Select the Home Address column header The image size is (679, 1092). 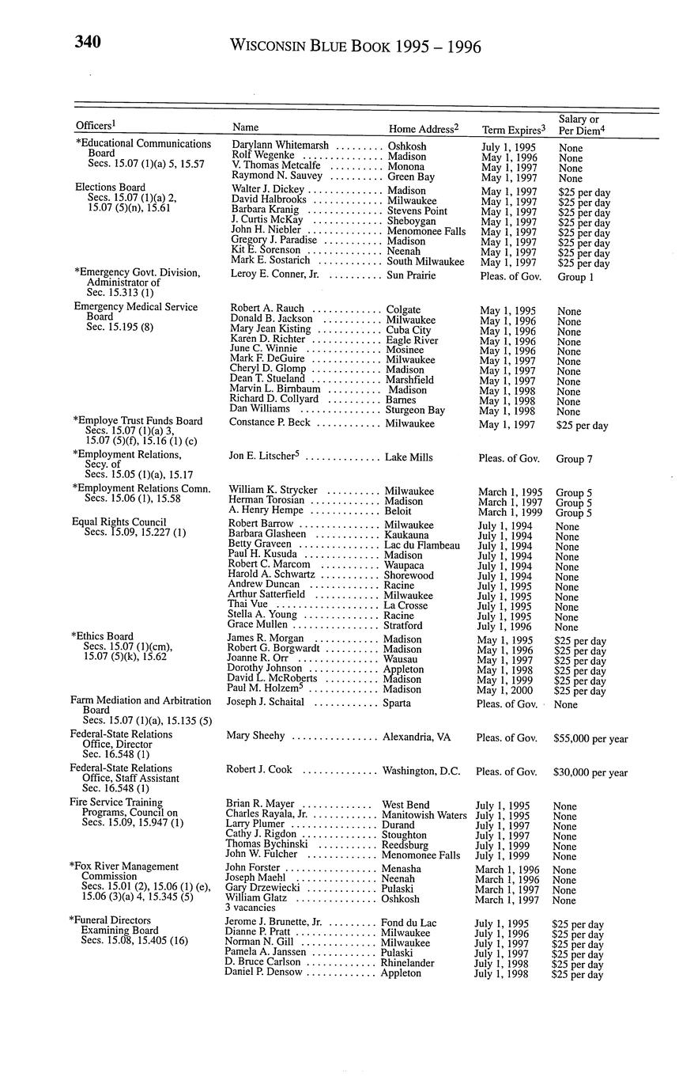point(424,128)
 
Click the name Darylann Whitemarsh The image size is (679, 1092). point(280,146)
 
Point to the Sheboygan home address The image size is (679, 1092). point(411,222)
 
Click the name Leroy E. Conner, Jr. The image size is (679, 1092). point(274,275)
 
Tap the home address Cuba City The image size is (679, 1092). point(409,330)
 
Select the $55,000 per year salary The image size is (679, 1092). point(590,739)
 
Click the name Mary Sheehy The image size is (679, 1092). point(255,736)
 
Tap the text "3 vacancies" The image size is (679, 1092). point(251,908)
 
